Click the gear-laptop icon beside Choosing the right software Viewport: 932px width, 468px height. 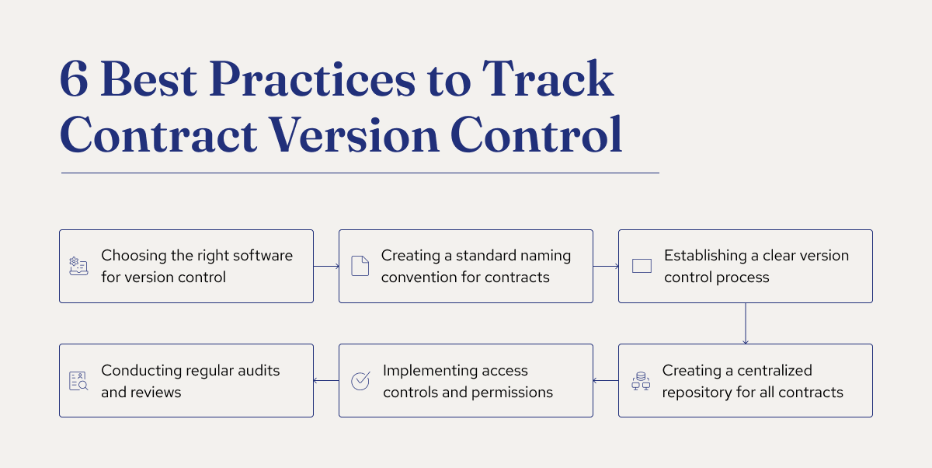click(x=78, y=267)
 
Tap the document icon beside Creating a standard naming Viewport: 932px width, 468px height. click(x=360, y=266)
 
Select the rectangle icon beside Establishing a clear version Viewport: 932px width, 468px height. click(x=642, y=266)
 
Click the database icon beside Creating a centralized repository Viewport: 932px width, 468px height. click(x=640, y=381)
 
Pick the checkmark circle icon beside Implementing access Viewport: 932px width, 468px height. click(x=360, y=381)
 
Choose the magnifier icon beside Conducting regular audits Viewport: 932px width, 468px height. click(x=78, y=381)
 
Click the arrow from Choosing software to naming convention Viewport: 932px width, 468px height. click(x=326, y=266)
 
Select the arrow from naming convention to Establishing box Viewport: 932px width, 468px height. click(x=606, y=266)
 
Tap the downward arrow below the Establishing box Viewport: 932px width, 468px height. click(x=745, y=323)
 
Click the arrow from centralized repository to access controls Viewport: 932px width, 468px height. click(x=606, y=381)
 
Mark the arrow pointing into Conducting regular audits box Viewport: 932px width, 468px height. click(x=326, y=381)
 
